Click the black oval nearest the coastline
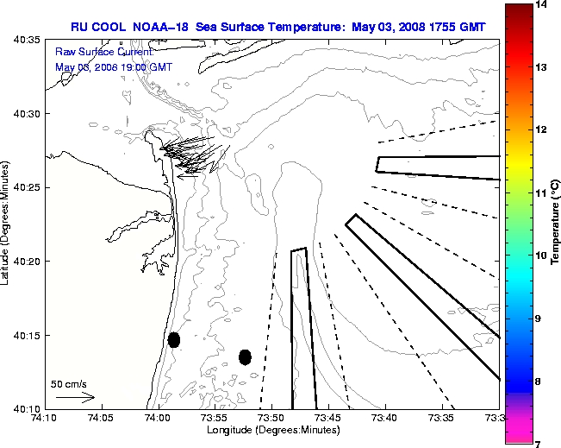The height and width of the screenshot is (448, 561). click(174, 339)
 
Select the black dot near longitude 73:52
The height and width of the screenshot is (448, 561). click(245, 357)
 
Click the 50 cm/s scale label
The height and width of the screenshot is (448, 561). click(69, 384)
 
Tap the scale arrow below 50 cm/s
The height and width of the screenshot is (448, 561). click(75, 397)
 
